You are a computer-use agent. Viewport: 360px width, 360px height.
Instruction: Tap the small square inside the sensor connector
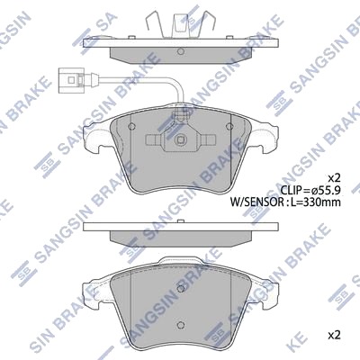pyautogui.click(x=71, y=80)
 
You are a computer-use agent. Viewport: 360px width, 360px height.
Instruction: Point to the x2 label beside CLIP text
pyautogui.click(x=335, y=178)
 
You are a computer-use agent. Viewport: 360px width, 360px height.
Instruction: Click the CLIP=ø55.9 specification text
pyautogui.click(x=310, y=190)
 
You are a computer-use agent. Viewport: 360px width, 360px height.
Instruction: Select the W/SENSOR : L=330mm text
pyautogui.click(x=285, y=202)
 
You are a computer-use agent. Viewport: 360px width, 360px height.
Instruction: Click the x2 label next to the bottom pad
pyautogui.click(x=335, y=335)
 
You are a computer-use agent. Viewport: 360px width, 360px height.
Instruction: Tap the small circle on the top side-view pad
pyautogui.click(x=181, y=51)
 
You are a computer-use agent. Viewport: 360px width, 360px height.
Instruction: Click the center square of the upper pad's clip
pyautogui.click(x=181, y=139)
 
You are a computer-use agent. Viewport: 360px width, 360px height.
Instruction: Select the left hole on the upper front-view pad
pyautogui.click(x=131, y=126)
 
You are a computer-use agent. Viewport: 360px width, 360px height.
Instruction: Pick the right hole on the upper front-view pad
pyautogui.click(x=229, y=126)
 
